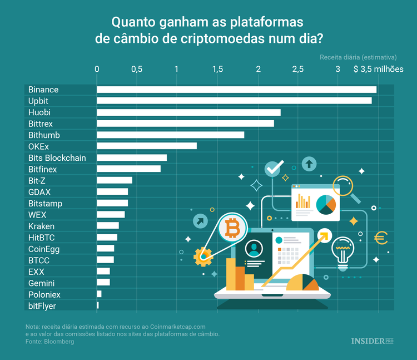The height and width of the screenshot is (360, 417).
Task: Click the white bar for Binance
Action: (236, 90)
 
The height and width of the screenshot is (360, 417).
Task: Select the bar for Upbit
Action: (234, 101)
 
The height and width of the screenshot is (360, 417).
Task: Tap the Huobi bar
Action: (188, 112)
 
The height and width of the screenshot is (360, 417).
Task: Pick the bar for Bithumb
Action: (170, 135)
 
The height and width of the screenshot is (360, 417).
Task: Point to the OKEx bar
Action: (146, 146)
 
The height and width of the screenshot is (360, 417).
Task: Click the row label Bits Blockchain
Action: (57, 158)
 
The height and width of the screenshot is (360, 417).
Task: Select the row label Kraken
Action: (42, 226)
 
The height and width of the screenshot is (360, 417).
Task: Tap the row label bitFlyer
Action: (42, 306)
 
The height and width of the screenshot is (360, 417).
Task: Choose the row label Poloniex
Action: (44, 294)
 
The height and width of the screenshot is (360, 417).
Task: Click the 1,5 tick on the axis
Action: (217, 69)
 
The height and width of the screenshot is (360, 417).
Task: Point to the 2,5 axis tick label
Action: (298, 69)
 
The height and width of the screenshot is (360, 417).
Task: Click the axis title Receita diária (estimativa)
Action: (358, 57)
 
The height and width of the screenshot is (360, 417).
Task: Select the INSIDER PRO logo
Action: (372, 341)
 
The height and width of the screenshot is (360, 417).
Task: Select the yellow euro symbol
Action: (381, 238)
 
